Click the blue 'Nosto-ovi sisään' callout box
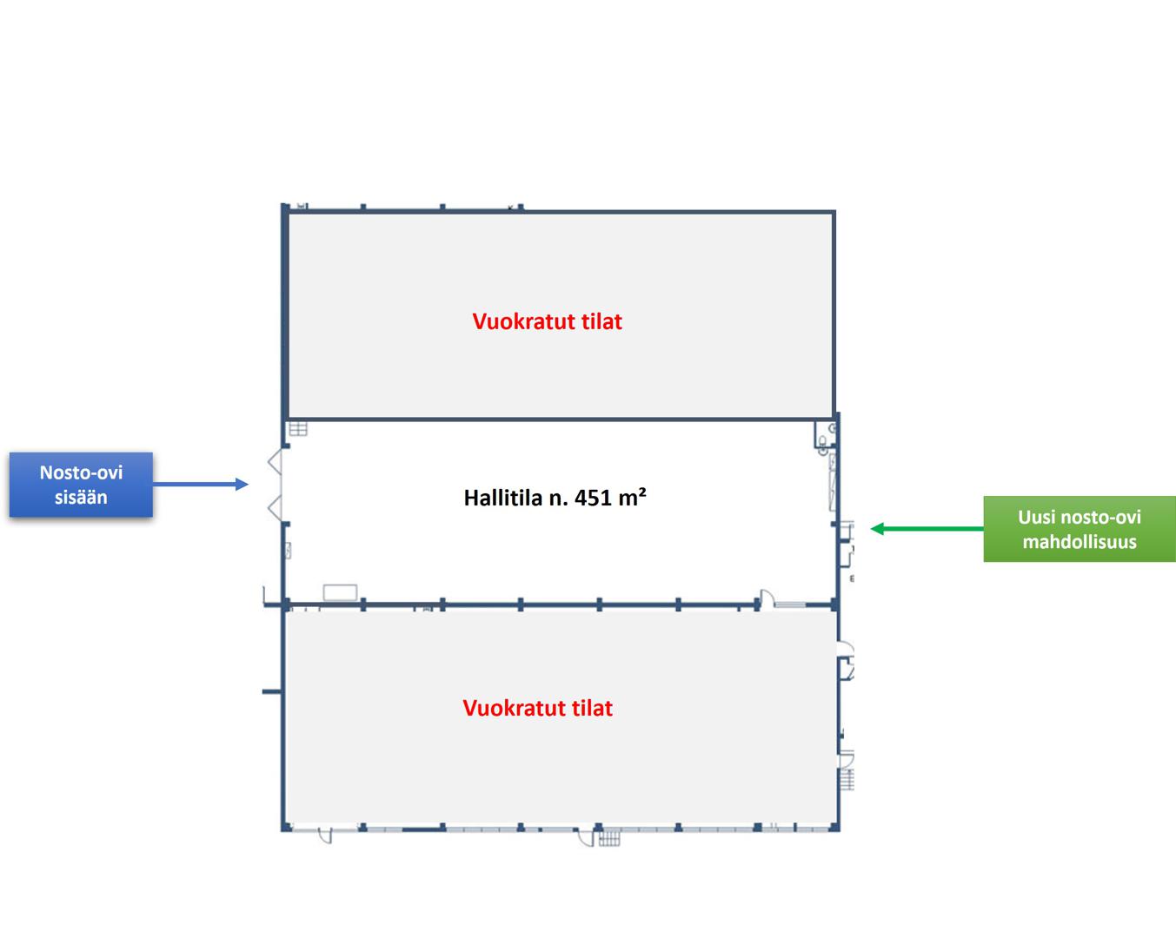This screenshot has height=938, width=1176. pos(81,485)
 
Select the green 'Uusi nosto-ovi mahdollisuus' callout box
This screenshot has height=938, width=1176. pos(1079,529)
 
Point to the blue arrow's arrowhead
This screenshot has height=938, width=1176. pos(243,484)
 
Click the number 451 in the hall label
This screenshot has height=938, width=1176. pos(593,498)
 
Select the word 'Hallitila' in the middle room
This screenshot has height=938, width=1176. pos(502,498)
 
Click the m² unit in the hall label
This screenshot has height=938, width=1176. pos(632,497)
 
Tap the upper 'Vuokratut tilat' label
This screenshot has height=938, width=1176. pos(547,321)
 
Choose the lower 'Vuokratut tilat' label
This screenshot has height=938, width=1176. pos(537,708)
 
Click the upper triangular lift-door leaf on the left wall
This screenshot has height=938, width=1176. pos(276,462)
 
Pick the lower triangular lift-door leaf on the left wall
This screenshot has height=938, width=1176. pos(276,508)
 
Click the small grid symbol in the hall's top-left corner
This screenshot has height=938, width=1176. pos(298,428)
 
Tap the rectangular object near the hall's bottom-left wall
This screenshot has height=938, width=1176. pos(340,592)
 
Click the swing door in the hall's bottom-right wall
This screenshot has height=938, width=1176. pos(766,598)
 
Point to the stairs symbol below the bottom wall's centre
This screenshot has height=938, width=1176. pos(609,838)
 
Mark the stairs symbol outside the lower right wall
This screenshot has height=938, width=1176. pos(847,779)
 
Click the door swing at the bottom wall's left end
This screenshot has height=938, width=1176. pos(326,836)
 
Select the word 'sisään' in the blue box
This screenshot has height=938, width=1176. pos(81,498)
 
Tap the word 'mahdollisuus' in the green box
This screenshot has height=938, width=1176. pos(1079,542)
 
